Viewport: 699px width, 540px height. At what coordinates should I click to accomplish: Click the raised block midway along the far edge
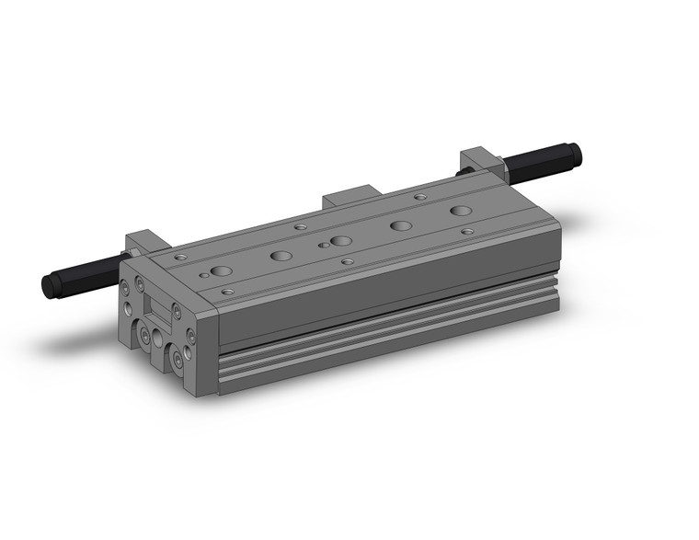pyautogui.click(x=349, y=198)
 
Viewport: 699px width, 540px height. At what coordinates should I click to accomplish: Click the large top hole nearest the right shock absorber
pyautogui.click(x=459, y=212)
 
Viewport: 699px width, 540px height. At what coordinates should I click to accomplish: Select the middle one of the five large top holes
pyautogui.click(x=341, y=241)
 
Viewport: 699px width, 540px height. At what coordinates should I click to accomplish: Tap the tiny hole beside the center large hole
pyautogui.click(x=323, y=246)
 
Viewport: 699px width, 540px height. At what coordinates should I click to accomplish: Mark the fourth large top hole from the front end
pyautogui.click(x=400, y=226)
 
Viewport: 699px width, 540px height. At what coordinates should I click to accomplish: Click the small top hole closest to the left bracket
pyautogui.click(x=181, y=258)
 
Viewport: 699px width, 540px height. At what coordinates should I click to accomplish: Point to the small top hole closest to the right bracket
pyautogui.click(x=420, y=196)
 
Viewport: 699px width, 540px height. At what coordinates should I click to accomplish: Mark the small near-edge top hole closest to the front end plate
pyautogui.click(x=228, y=292)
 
